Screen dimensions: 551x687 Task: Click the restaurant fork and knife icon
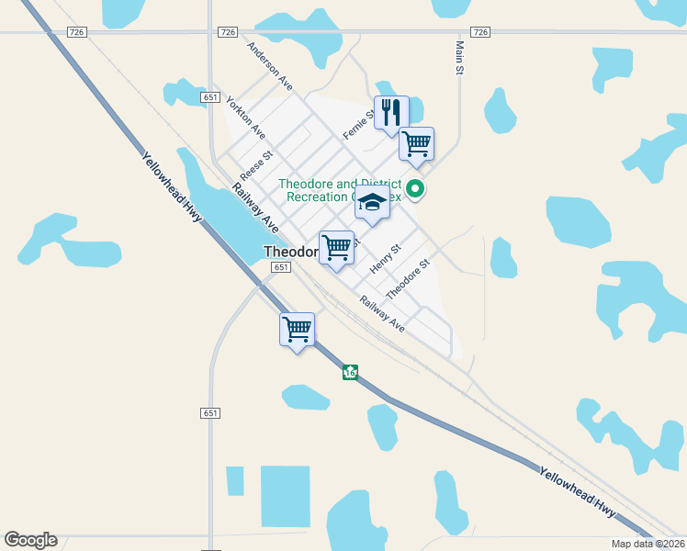click(x=391, y=113)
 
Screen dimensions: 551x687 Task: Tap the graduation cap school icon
click(x=372, y=205)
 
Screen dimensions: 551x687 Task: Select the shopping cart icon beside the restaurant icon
click(x=416, y=144)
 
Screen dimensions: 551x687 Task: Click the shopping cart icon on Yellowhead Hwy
click(x=297, y=329)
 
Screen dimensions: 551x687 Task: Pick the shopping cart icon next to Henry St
click(x=337, y=248)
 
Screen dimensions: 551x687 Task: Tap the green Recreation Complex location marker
click(x=415, y=190)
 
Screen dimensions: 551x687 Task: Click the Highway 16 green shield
click(x=350, y=372)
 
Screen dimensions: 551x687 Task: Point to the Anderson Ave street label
click(x=269, y=67)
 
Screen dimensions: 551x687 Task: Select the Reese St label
click(x=257, y=165)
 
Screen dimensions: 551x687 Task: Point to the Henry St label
click(x=386, y=258)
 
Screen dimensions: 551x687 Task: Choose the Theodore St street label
click(x=408, y=279)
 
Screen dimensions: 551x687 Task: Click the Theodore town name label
click(x=289, y=251)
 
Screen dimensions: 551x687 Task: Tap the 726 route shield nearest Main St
click(x=479, y=32)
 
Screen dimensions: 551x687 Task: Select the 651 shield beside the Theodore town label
click(x=281, y=267)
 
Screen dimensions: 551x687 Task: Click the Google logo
click(x=30, y=540)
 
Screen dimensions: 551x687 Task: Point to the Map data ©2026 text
click(x=648, y=544)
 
